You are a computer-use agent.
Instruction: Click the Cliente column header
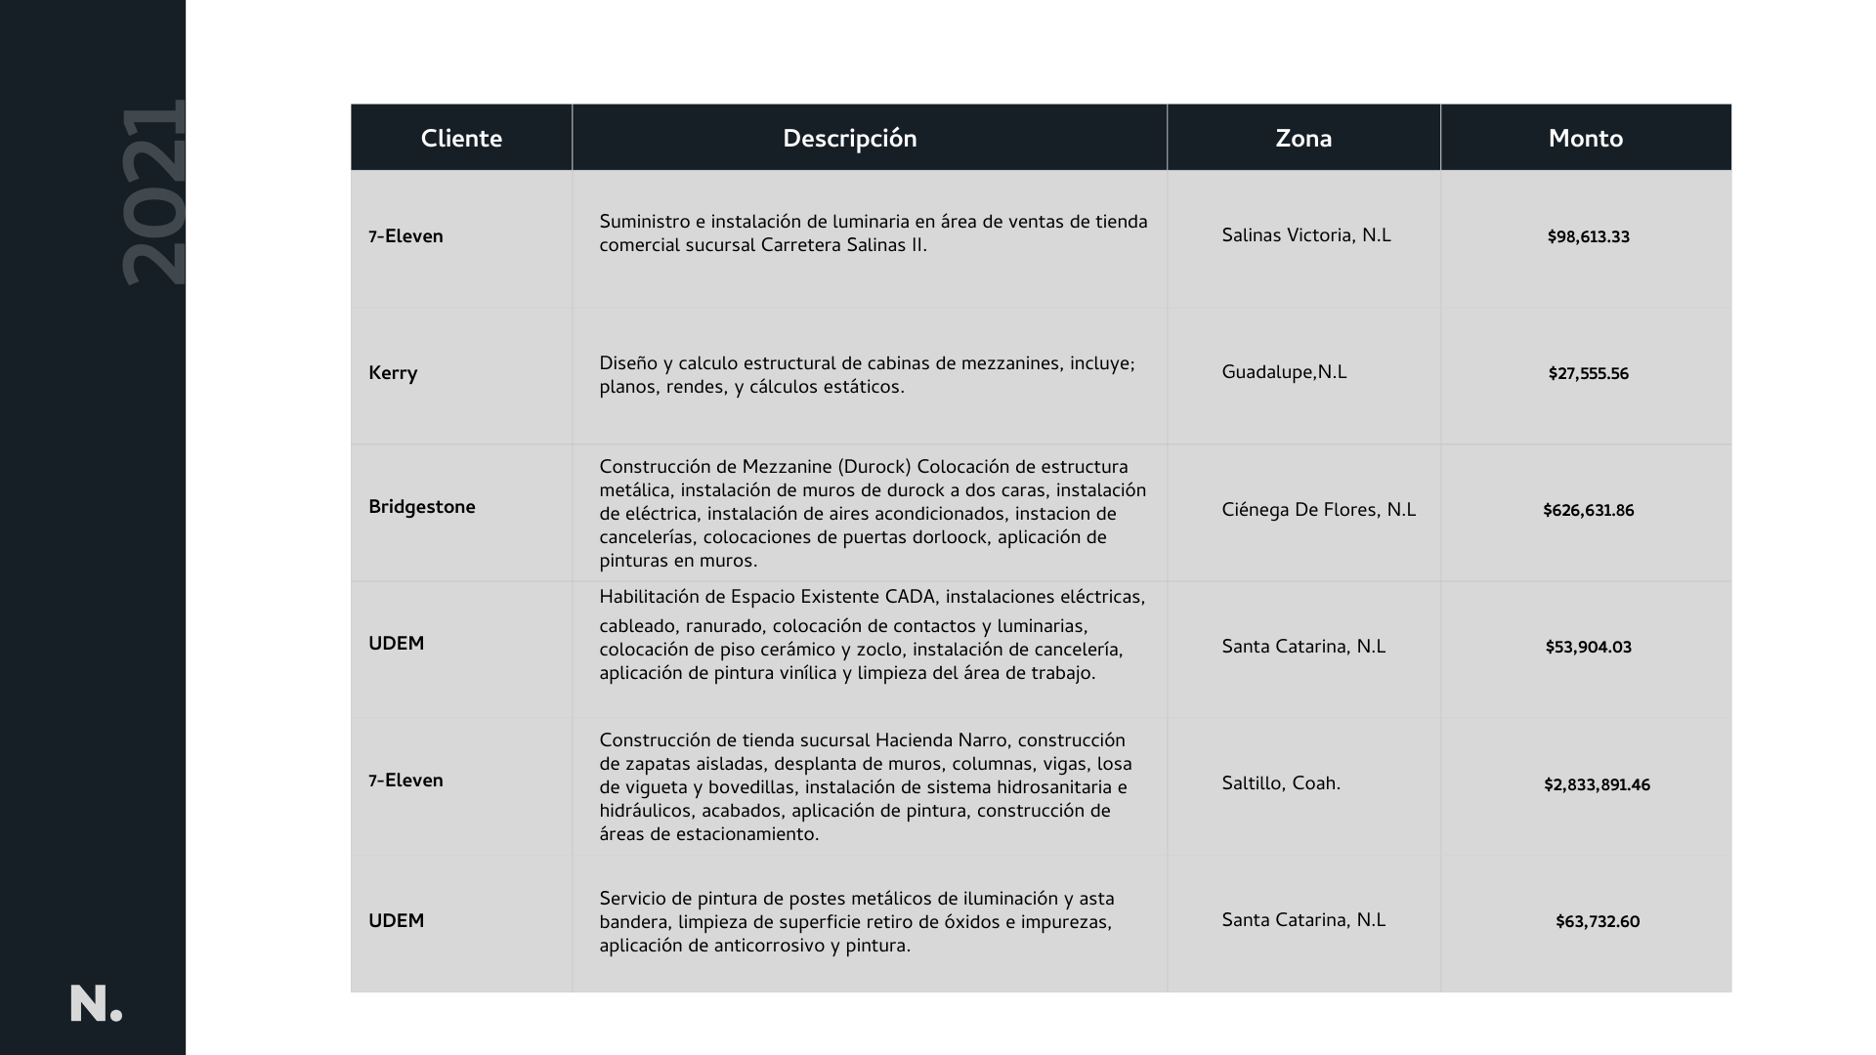(x=461, y=139)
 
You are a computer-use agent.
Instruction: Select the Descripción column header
(x=849, y=139)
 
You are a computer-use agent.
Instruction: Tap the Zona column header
(x=1303, y=139)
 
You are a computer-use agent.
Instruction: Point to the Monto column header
(x=1585, y=139)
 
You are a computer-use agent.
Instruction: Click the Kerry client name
(x=393, y=373)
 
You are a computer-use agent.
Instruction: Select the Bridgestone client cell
(x=422, y=507)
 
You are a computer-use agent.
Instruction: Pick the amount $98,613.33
(x=1588, y=236)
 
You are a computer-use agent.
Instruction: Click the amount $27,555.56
(x=1588, y=373)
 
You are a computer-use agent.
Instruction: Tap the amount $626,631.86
(x=1588, y=510)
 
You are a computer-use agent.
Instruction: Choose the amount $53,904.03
(x=1588, y=647)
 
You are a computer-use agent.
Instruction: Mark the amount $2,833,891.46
(x=1597, y=784)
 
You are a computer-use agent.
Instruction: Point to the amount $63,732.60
(x=1598, y=921)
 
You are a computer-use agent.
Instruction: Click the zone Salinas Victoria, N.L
(x=1305, y=235)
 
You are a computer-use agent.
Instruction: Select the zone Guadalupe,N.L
(x=1284, y=372)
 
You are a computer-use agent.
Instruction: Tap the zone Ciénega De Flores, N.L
(x=1318, y=510)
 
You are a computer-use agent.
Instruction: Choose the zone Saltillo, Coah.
(x=1281, y=783)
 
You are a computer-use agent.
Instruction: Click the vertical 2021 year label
(x=153, y=192)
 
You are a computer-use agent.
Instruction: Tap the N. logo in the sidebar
(x=96, y=1004)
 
